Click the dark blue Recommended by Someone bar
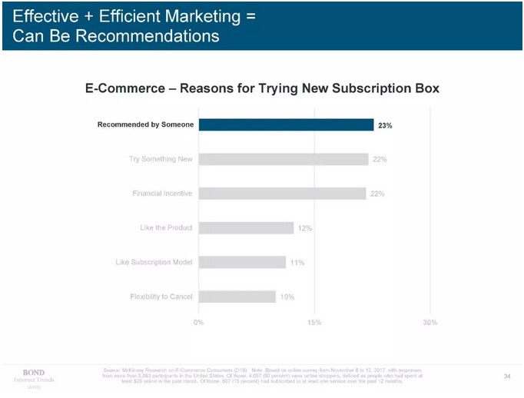(286, 124)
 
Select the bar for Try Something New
(284, 159)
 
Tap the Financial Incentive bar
(282, 194)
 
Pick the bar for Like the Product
(246, 228)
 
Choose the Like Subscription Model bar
(242, 262)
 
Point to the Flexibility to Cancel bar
(237, 297)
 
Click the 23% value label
(385, 125)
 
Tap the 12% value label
(305, 228)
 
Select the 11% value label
(297, 263)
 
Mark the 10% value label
(287, 297)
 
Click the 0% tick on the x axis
(198, 322)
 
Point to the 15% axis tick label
(313, 322)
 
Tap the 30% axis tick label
(429, 322)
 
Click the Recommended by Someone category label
(145, 124)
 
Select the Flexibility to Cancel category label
(161, 297)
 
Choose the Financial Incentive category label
(162, 194)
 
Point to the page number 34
(507, 376)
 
